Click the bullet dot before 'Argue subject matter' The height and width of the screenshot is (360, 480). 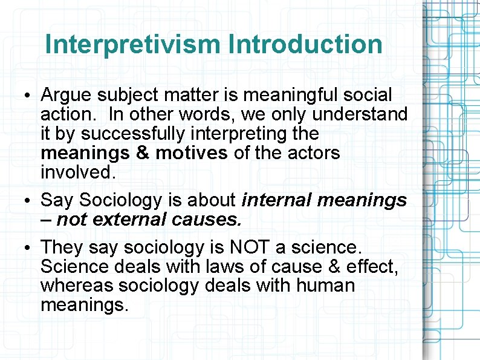pyautogui.click(x=29, y=96)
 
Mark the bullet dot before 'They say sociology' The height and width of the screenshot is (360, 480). pyautogui.click(x=29, y=248)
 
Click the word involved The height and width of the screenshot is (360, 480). pyautogui.click(x=77, y=172)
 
